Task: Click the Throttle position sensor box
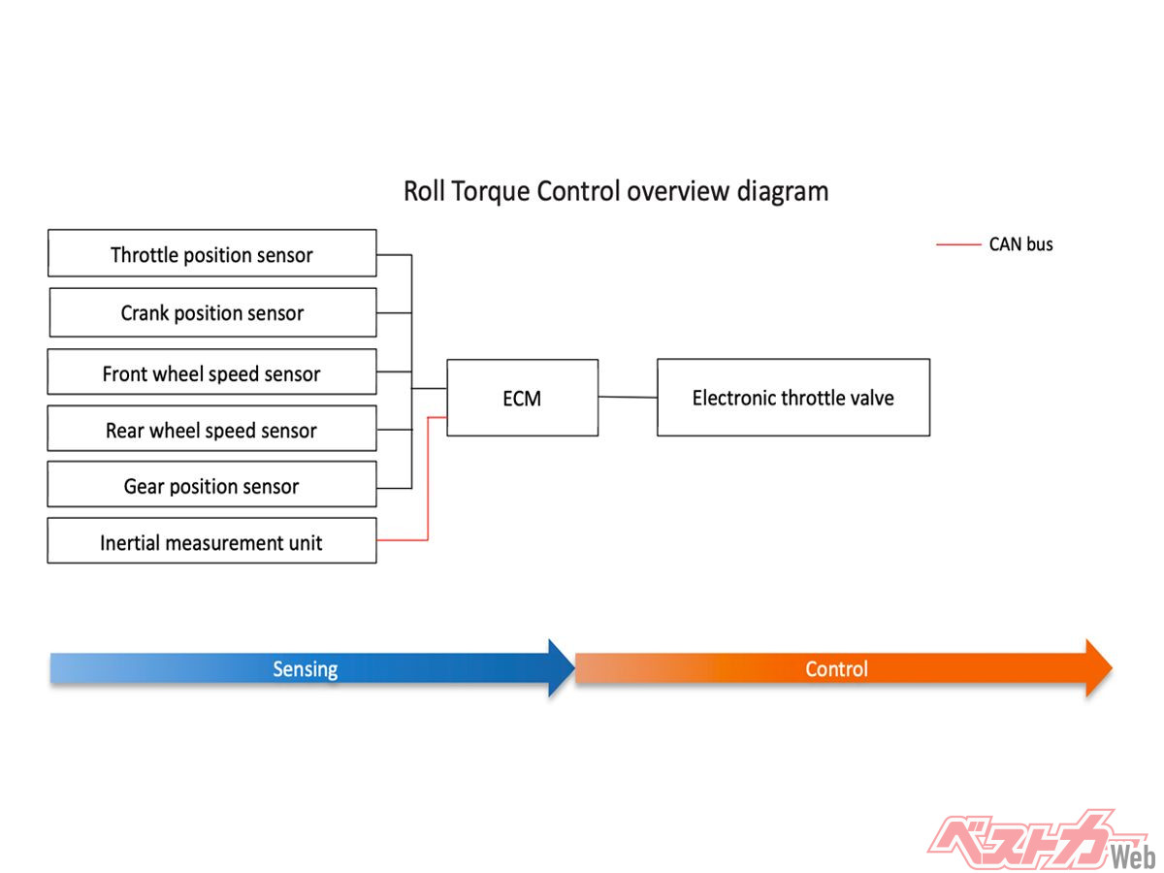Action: (211, 254)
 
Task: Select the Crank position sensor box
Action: (211, 312)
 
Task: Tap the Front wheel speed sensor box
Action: (211, 372)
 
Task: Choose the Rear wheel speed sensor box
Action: (211, 429)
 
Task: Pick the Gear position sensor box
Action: (211, 485)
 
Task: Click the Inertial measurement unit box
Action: (211, 541)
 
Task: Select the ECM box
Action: (522, 398)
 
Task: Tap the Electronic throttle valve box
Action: (792, 398)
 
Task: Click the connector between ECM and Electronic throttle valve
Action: (628, 397)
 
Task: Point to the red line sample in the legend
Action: (958, 245)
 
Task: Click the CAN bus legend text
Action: (1020, 244)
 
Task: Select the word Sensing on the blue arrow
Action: (305, 668)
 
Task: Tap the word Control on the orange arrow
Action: (836, 668)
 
